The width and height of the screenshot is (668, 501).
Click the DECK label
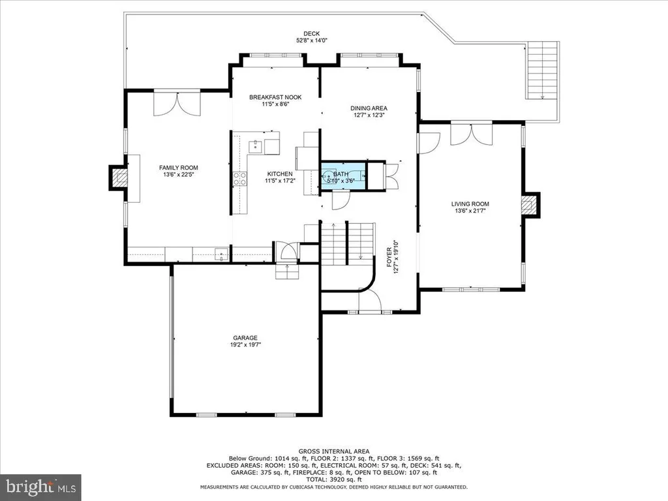(311, 34)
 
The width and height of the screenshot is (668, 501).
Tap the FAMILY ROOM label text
(179, 168)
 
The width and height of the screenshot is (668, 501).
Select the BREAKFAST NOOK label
(275, 97)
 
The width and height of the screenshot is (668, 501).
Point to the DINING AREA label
(369, 108)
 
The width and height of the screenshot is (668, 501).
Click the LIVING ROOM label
(470, 204)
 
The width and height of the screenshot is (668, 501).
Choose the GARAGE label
(245, 339)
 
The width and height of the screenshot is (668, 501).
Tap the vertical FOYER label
(389, 257)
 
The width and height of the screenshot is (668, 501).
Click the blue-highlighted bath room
(343, 175)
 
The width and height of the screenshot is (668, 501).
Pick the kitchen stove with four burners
(240, 179)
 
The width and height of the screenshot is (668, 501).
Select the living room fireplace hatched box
(530, 205)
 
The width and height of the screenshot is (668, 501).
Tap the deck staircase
(542, 70)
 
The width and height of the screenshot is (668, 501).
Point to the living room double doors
(472, 134)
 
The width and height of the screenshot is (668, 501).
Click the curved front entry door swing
(370, 300)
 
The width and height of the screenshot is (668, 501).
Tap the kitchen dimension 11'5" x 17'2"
(280, 181)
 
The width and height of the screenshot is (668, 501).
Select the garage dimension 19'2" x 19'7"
(245, 344)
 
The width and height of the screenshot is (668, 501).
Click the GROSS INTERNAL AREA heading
(334, 451)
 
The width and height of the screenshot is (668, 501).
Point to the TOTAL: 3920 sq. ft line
(334, 479)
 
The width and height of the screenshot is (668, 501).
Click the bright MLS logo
(41, 487)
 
